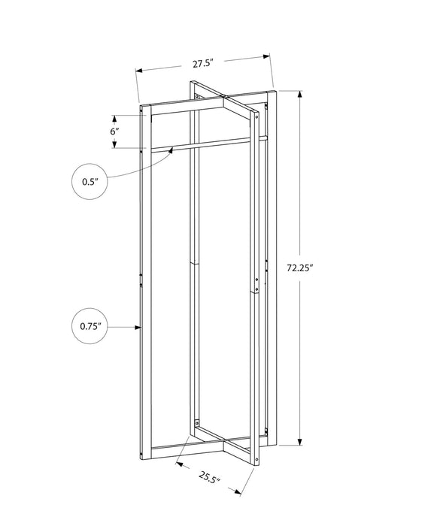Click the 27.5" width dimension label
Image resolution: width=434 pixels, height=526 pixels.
coord(202,64)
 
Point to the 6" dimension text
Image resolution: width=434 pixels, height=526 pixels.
coord(114,131)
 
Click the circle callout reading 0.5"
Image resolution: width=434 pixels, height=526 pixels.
coord(90,181)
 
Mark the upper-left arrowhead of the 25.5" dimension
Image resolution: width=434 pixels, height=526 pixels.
coord(179,464)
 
